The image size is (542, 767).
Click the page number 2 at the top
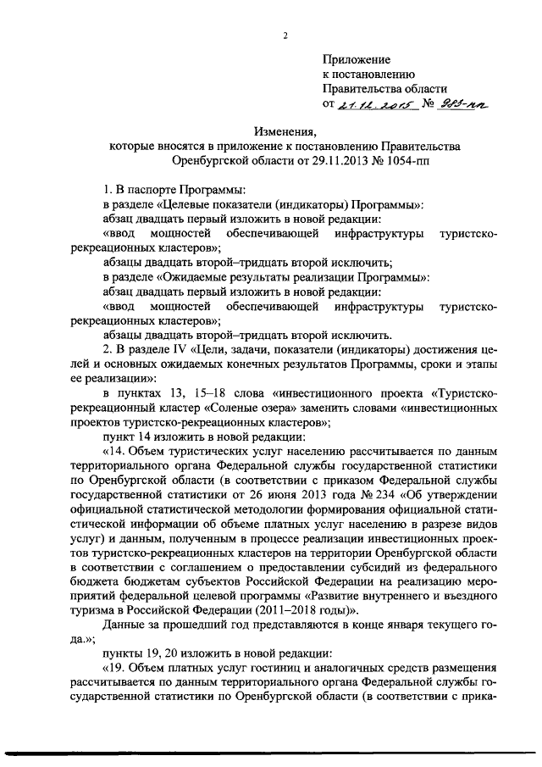pyautogui.click(x=285, y=35)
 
